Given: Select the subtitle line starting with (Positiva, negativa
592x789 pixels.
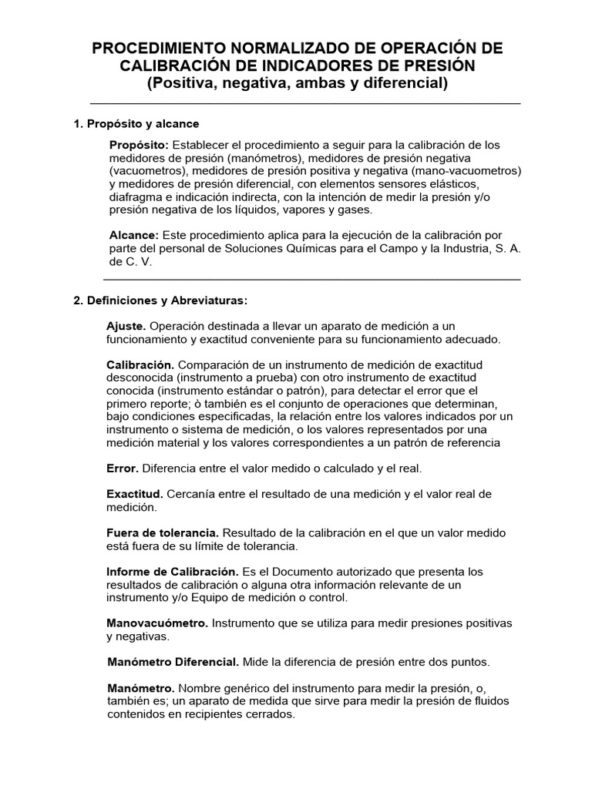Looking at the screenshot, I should [x=297, y=83].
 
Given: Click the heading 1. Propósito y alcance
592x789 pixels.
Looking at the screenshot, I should [x=136, y=123].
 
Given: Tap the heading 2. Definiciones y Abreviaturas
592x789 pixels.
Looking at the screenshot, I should [x=160, y=300].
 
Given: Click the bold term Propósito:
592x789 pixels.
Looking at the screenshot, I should [x=139, y=145].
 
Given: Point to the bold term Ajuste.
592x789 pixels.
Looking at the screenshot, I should [x=126, y=326].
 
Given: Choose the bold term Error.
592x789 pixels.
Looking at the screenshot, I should [x=122, y=468].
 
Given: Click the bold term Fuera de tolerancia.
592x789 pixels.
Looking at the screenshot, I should [x=163, y=533].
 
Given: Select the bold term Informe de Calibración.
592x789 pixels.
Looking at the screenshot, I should [x=172, y=572].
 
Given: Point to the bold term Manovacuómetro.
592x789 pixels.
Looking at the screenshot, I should [x=156, y=623].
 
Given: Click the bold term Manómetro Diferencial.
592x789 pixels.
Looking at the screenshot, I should [x=173, y=662].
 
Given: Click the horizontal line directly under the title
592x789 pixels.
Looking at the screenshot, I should [x=304, y=103].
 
